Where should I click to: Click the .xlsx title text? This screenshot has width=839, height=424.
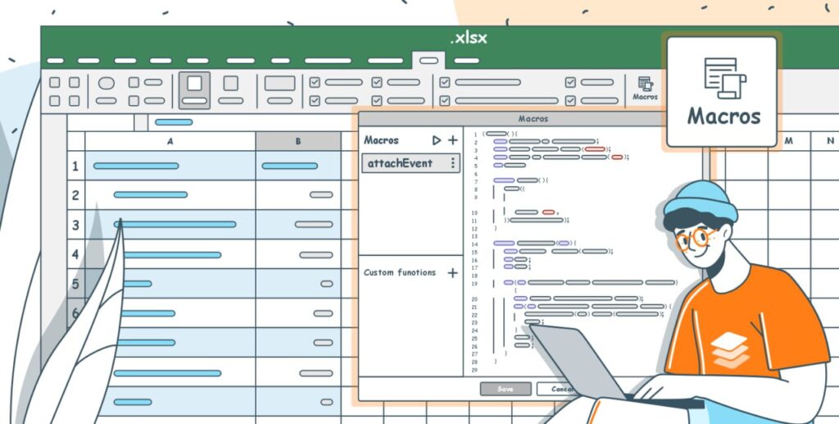(468, 38)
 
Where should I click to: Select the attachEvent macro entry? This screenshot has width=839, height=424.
(400, 163)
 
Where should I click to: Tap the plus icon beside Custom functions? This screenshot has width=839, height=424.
(452, 272)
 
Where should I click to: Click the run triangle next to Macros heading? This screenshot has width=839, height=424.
(437, 140)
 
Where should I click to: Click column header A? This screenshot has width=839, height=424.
(170, 141)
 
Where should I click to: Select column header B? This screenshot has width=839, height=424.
(298, 141)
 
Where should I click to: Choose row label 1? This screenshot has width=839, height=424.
(75, 166)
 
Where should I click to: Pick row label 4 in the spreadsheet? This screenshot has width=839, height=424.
(75, 254)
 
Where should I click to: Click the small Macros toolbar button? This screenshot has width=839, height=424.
(645, 89)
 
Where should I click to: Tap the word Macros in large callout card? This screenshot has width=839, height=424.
(723, 116)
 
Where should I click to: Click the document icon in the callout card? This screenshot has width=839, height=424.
(724, 78)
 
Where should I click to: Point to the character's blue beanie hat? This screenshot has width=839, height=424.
(700, 199)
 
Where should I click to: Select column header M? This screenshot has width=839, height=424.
(788, 141)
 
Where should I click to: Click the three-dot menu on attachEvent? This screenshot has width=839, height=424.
(452, 163)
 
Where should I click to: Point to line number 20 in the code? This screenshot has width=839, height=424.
(474, 299)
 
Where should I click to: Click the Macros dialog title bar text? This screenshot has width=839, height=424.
(533, 119)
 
